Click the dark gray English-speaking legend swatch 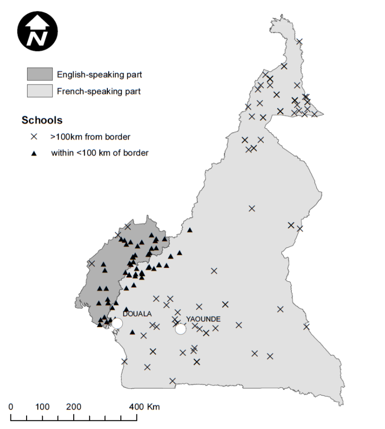(40, 75)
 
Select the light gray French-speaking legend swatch (40, 91)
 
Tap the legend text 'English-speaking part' (99, 75)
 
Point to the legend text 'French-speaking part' (99, 91)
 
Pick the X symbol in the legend (34, 136)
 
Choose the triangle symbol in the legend (34, 153)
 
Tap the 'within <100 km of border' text (100, 153)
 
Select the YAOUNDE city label (203, 319)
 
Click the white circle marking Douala (117, 323)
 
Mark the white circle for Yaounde (180, 329)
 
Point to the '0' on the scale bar (11, 406)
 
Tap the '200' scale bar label (74, 406)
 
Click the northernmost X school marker (299, 42)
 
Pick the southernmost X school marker (172, 381)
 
